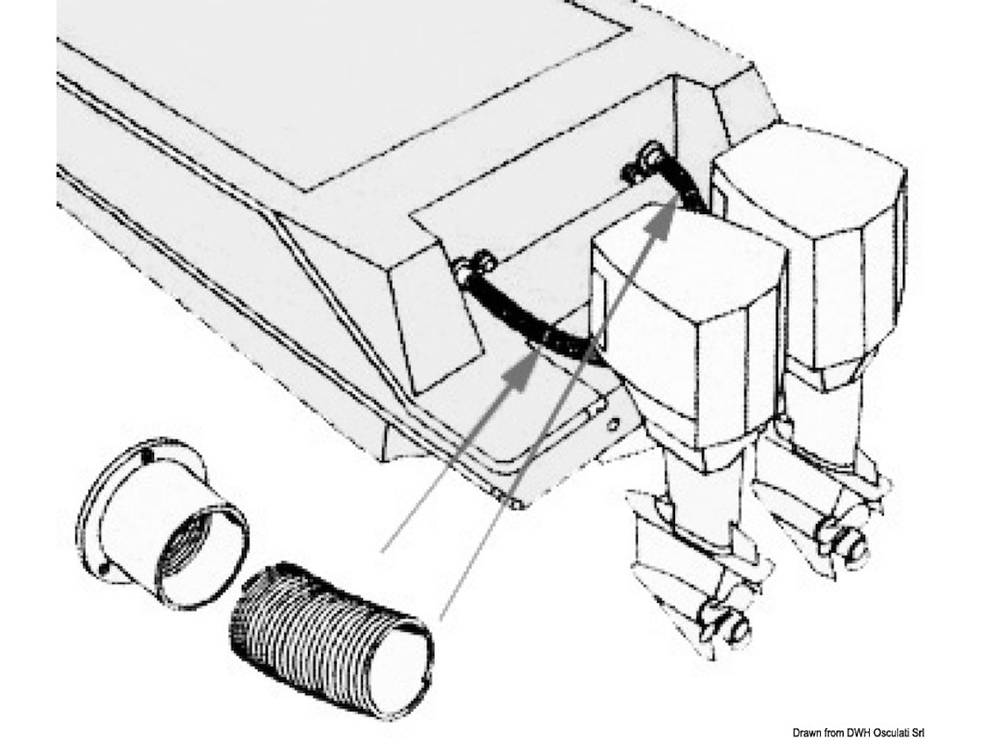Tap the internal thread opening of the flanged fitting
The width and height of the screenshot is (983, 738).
click(x=187, y=544)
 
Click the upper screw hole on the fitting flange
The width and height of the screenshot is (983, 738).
click(x=147, y=457)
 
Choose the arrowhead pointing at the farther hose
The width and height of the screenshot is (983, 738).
click(x=660, y=225)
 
